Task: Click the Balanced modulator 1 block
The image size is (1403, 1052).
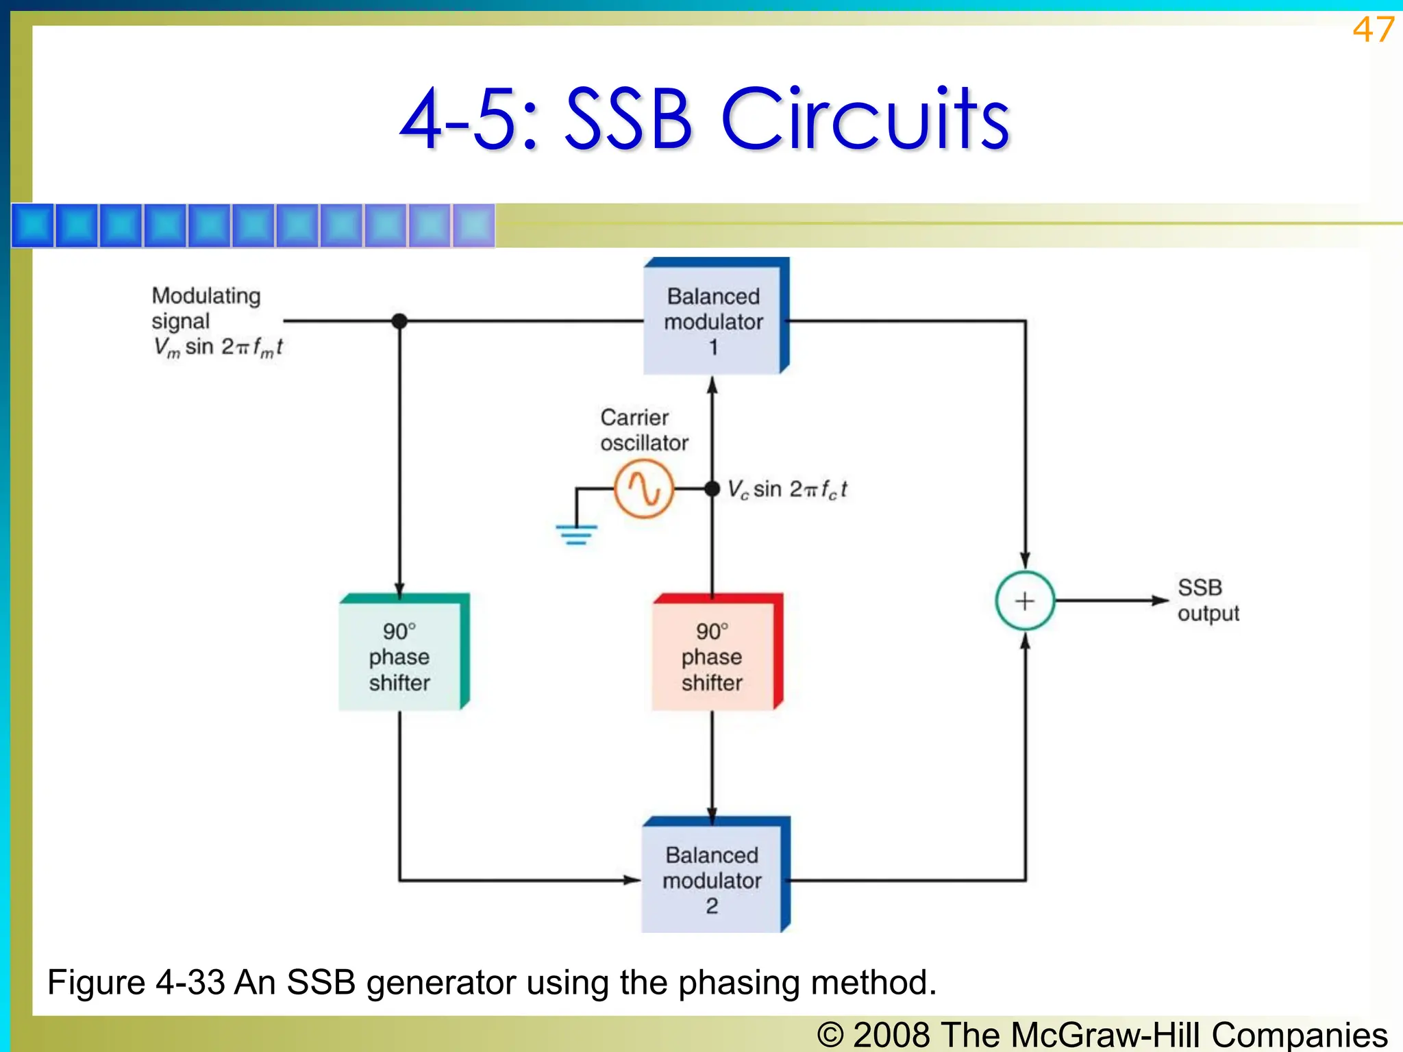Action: (713, 320)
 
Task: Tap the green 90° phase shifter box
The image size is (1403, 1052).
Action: (400, 655)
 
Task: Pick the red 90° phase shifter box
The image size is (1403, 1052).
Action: (712, 655)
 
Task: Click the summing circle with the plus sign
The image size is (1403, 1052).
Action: (1024, 601)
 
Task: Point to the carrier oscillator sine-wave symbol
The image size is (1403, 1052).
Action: (644, 488)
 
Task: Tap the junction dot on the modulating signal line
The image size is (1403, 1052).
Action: (399, 321)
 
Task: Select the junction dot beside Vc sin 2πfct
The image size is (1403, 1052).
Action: (712, 488)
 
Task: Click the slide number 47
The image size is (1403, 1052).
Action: (1372, 30)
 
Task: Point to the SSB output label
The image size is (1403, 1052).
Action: (1208, 600)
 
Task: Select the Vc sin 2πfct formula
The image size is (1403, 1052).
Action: (787, 490)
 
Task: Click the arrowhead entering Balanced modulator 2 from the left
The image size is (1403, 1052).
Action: (632, 879)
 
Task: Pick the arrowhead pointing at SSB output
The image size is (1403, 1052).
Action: (1159, 601)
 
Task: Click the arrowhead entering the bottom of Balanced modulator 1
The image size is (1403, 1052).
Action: (712, 385)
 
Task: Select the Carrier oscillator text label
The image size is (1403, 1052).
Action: (643, 430)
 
